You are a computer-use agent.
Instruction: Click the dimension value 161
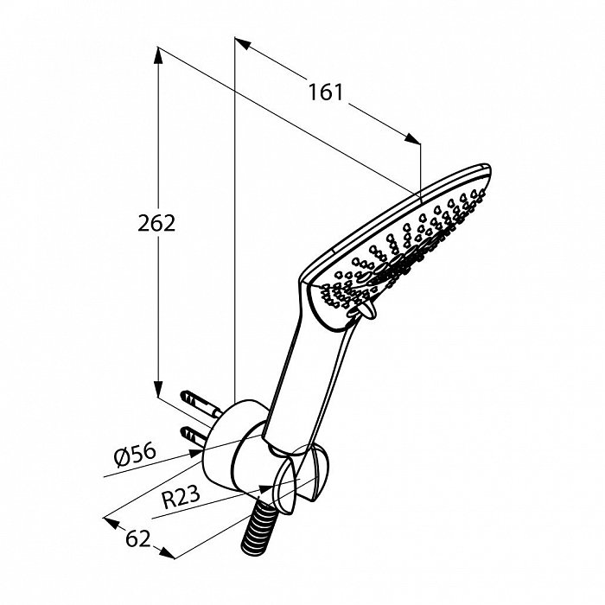pos(325,92)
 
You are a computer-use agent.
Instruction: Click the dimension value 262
pos(156,223)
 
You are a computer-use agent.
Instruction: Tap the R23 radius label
pos(181,497)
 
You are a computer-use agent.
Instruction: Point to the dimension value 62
pos(137,538)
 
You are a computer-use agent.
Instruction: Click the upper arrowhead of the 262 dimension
pos(157,55)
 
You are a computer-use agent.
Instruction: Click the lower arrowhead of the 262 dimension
pos(158,389)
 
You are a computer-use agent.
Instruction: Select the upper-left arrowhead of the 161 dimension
pos(243,43)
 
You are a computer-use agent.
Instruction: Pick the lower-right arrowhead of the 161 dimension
pos(412,139)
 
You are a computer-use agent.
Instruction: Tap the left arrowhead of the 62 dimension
pos(111,522)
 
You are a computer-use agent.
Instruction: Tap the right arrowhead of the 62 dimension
pos(167,553)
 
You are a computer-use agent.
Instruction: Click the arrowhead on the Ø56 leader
pos(195,454)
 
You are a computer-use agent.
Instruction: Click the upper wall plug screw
pos(201,404)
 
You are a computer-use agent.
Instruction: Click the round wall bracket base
pos(227,443)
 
